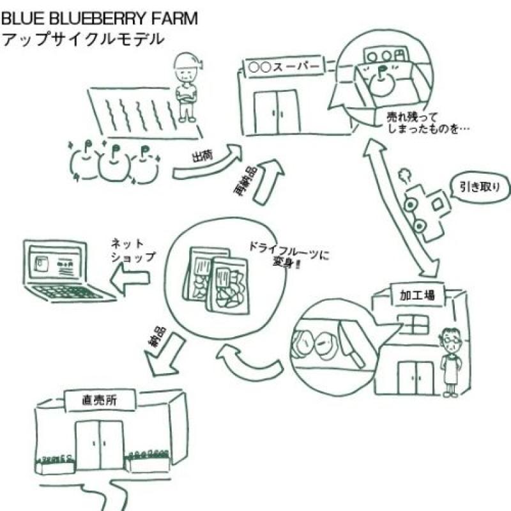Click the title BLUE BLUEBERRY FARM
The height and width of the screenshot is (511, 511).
100,19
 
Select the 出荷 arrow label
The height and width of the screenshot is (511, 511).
202,156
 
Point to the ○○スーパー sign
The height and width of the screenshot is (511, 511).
284,68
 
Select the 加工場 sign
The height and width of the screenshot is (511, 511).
418,294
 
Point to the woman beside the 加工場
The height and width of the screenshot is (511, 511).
451,362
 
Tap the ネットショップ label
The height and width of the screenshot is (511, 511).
133,250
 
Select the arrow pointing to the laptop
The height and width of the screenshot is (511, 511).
130,278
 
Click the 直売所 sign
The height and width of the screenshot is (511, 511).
100,400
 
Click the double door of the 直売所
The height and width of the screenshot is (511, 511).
100,445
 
